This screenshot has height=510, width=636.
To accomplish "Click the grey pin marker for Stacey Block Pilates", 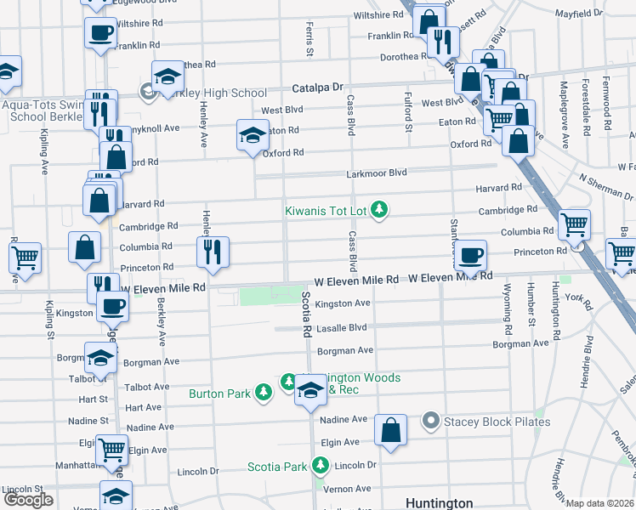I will (430, 422).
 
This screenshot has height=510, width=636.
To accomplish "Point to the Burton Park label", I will (220, 394).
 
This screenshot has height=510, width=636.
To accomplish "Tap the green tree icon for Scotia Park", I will (321, 466).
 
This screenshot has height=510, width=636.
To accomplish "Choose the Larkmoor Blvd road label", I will (377, 173).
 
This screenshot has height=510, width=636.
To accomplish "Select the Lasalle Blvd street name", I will (341, 327).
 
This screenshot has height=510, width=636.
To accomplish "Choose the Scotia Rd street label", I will (305, 312).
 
